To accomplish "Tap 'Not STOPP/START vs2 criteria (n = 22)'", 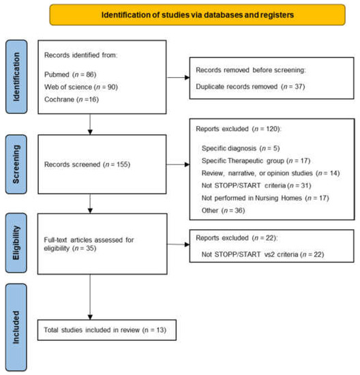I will pyautogui.click(x=263, y=254).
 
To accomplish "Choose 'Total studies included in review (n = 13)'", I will pyautogui.click(x=107, y=331).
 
